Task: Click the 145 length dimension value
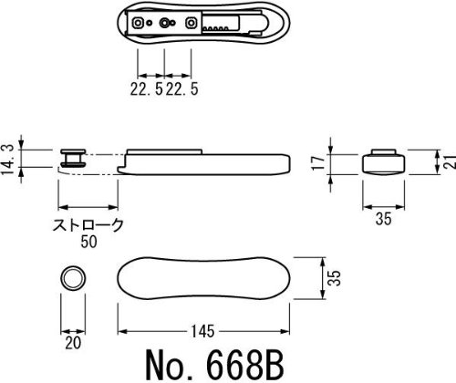(202, 331)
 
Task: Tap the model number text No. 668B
(215, 365)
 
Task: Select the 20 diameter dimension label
(73, 343)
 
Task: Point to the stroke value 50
(88, 242)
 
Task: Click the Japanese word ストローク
(88, 225)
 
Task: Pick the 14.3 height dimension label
(8, 160)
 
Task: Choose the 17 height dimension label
(319, 163)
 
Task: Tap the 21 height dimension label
(451, 160)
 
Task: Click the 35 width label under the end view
(383, 219)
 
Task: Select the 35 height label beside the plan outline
(335, 278)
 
